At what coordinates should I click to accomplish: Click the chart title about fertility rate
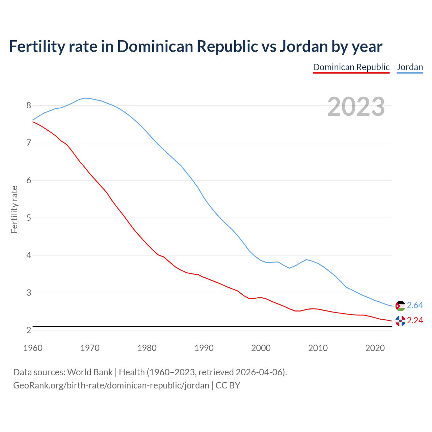(195, 46)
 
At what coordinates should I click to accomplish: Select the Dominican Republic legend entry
(351, 67)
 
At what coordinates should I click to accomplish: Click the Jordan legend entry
(410, 67)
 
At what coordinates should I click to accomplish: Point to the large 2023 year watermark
(356, 107)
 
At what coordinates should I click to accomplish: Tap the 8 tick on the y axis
(29, 106)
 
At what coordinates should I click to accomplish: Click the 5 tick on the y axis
(29, 218)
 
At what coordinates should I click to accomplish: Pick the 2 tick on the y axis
(29, 330)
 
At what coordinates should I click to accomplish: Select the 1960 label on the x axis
(33, 348)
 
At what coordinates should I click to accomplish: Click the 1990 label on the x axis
(204, 348)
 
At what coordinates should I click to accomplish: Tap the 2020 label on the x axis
(375, 348)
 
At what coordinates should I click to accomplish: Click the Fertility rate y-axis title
(14, 209)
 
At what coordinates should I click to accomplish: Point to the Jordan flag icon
(400, 306)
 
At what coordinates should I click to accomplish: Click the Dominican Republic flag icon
(400, 321)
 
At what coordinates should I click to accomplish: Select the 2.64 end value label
(415, 305)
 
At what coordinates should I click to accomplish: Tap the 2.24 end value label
(415, 321)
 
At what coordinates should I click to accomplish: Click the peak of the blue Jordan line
(84, 98)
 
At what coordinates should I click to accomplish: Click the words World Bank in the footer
(90, 372)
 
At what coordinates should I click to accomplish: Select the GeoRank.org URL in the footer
(111, 385)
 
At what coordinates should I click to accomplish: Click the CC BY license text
(228, 385)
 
